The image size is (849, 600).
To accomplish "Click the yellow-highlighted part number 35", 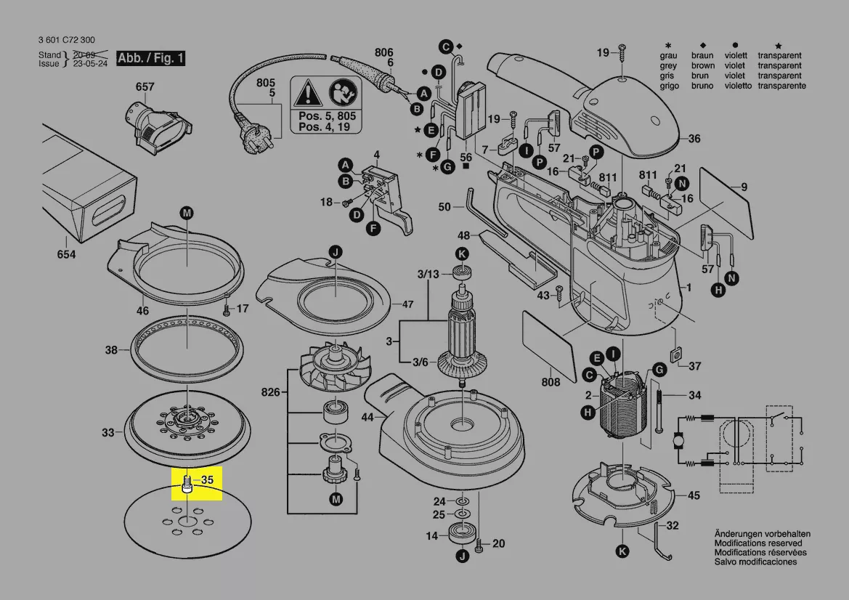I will click(207, 480).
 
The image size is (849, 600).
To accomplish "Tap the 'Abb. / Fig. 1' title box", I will click(151, 59).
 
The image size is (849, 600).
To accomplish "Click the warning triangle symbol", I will click(308, 94).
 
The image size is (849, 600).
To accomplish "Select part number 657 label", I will click(145, 87).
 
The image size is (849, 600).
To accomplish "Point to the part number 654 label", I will click(67, 255).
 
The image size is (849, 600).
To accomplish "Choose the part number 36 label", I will click(694, 139).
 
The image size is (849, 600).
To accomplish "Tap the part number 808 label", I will click(551, 383).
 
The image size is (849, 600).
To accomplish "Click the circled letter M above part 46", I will click(187, 213).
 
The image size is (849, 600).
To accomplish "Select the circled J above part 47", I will click(336, 252).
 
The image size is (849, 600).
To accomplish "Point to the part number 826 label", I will click(270, 392).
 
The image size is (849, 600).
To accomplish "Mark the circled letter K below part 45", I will click(622, 551).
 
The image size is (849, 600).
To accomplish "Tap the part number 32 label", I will click(673, 526).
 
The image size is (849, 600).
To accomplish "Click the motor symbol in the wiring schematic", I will click(681, 440).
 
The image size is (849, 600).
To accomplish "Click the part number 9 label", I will click(744, 188).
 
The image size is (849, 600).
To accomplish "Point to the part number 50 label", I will click(445, 208).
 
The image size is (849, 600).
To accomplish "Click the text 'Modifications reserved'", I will click(758, 543).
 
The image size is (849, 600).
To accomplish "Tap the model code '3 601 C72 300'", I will click(66, 40).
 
